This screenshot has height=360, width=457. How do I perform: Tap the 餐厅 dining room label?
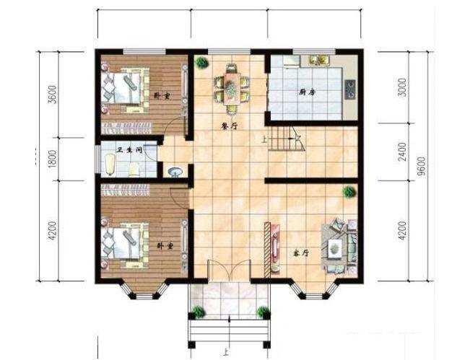tap(229, 125)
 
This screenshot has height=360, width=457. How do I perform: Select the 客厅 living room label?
tap(301, 254)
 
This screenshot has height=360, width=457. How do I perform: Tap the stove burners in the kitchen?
tap(350, 88)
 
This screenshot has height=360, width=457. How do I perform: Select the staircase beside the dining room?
tap(287, 138)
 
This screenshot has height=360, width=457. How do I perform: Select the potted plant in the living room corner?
tap(349, 192)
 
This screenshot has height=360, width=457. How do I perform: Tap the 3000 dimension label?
tap(402, 87)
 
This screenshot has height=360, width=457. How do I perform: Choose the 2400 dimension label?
tap(402, 152)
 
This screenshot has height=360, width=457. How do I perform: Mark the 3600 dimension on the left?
tap(52, 95)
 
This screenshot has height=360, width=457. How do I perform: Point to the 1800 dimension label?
tap(52, 159)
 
